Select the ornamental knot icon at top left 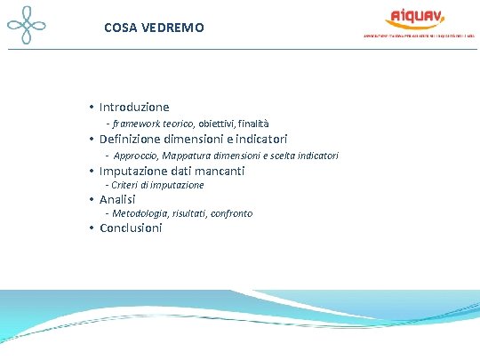(26, 27)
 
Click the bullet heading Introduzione (134, 107)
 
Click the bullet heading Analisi (118, 199)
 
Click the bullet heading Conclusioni (131, 228)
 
